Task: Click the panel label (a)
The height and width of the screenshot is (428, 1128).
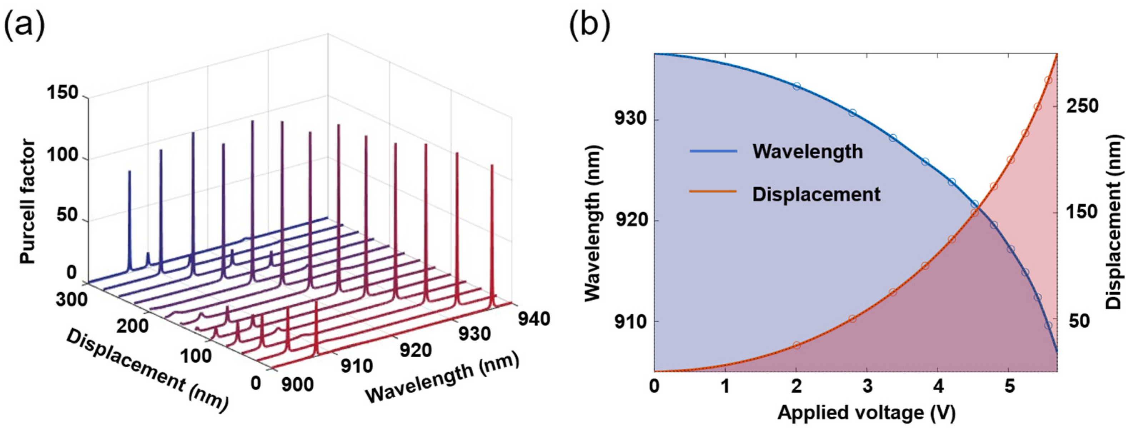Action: (x=24, y=25)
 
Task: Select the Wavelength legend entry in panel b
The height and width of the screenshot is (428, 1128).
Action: (x=807, y=151)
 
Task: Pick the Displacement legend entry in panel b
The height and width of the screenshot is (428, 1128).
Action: (x=816, y=194)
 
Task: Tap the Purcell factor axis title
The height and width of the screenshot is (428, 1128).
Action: (x=27, y=201)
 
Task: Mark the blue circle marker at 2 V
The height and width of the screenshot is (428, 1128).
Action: (x=796, y=86)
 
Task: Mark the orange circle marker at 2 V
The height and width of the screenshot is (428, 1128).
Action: (x=796, y=345)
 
